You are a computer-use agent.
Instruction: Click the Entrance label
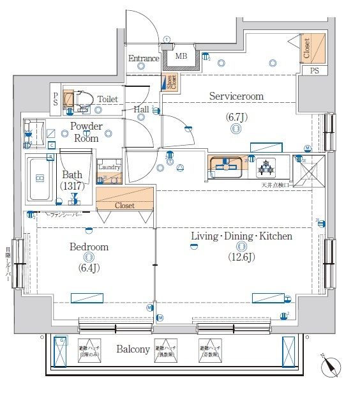click(x=144, y=59)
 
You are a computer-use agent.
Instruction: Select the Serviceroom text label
click(x=236, y=96)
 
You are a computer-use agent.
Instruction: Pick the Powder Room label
click(x=86, y=132)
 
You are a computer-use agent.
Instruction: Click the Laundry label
click(x=109, y=167)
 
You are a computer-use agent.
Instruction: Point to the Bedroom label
click(x=89, y=247)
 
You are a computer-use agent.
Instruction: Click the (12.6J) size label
click(x=241, y=257)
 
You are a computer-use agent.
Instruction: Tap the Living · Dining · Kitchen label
click(x=241, y=236)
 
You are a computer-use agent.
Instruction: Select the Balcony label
click(x=133, y=349)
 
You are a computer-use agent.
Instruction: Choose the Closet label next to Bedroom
click(x=125, y=206)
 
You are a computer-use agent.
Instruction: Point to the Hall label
click(x=142, y=109)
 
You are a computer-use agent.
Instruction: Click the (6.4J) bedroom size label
click(x=89, y=268)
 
